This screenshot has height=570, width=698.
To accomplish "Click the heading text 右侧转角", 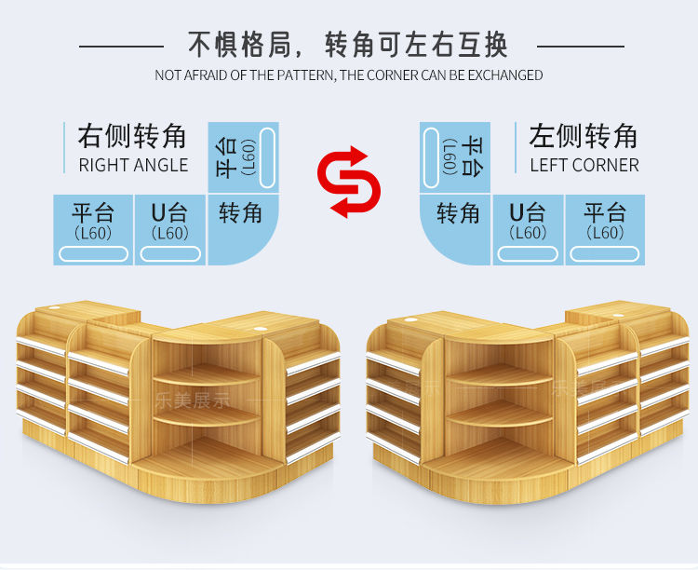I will click(x=132, y=136).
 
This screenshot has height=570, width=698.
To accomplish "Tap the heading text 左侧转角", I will click(x=584, y=136).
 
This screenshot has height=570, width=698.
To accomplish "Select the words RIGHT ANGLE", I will click(x=133, y=166).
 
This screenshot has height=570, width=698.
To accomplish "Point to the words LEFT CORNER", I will click(x=584, y=166).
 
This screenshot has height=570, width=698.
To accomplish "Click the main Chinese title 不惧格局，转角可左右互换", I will click(x=348, y=44).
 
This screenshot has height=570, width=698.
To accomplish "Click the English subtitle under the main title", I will click(x=349, y=75).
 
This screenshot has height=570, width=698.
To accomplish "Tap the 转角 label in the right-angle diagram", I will click(x=240, y=213).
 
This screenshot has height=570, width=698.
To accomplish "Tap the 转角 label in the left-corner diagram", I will click(x=458, y=213).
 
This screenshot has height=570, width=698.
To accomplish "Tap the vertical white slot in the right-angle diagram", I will click(x=267, y=157).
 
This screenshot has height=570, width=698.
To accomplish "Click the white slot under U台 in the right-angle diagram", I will click(x=169, y=253).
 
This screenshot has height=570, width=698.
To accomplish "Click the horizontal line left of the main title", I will click(x=122, y=45).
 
